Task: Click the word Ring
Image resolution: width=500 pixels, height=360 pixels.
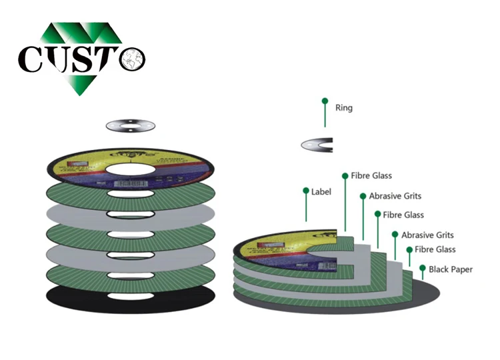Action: [344, 108]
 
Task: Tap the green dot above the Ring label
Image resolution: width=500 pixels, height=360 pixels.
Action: [325, 101]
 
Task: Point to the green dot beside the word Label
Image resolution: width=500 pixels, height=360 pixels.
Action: [306, 191]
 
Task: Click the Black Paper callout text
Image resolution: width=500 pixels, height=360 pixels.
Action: [451, 269]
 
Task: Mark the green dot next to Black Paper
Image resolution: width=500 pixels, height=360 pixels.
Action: [423, 268]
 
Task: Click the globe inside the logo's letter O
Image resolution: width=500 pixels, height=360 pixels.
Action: [132, 58]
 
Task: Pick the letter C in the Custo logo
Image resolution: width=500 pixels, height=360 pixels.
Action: [33, 59]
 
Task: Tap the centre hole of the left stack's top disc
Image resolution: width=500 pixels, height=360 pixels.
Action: [130, 165]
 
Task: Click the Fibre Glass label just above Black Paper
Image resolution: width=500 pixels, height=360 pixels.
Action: [435, 249]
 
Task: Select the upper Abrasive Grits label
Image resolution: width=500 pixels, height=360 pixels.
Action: [395, 196]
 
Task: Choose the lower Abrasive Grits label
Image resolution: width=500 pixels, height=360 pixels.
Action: [427, 235]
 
